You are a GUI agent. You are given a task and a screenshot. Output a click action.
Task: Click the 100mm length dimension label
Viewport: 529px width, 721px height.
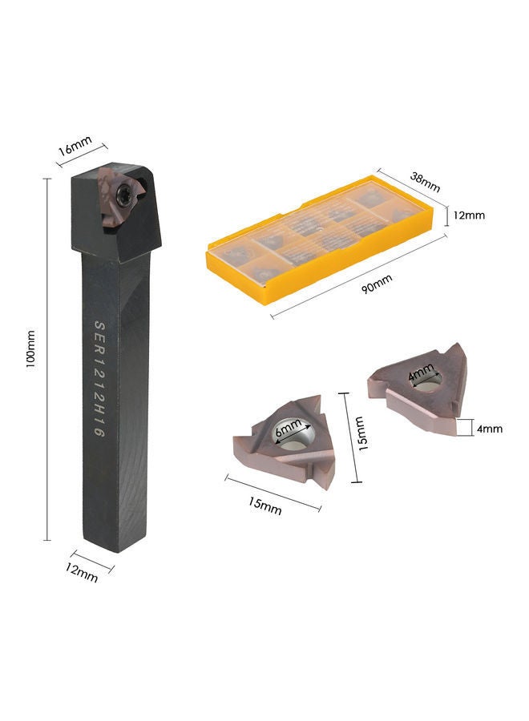(30, 348)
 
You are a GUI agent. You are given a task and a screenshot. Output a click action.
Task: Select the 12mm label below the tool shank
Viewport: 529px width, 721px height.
(82, 573)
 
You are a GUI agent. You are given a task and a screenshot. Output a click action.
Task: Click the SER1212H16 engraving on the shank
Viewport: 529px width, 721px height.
(100, 378)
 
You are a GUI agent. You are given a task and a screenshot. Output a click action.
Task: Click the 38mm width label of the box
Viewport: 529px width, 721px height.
(425, 182)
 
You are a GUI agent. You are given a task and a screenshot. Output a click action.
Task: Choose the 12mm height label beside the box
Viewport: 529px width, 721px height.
(469, 215)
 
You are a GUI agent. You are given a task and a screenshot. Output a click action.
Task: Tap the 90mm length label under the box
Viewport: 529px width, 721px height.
(377, 284)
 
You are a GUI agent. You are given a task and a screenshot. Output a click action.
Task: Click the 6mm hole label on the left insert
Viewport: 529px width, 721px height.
(289, 428)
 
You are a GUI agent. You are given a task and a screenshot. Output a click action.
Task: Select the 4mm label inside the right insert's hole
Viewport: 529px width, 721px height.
(422, 372)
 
